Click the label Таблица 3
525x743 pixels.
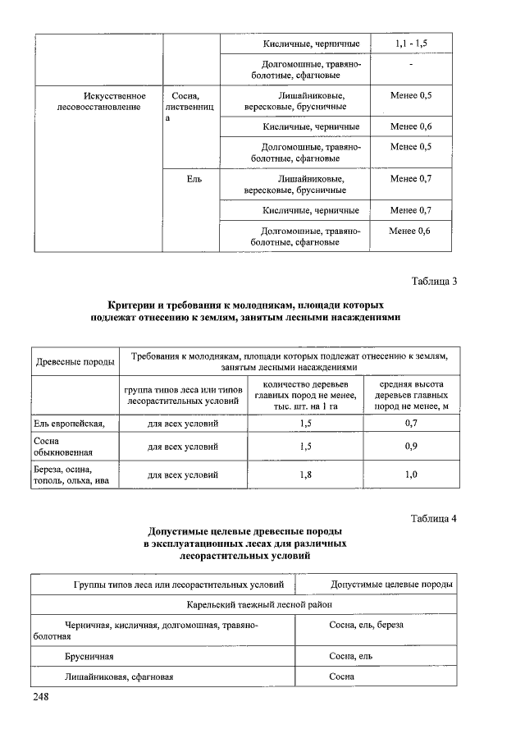point(434,282)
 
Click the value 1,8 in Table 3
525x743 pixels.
point(306,475)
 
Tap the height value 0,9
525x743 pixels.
point(411,447)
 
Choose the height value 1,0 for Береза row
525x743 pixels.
point(411,475)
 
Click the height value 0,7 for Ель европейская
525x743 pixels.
point(411,424)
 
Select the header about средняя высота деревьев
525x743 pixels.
point(411,395)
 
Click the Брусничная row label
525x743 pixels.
point(89,656)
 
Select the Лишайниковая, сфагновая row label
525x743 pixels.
point(119,676)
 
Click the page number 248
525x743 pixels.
point(42,697)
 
